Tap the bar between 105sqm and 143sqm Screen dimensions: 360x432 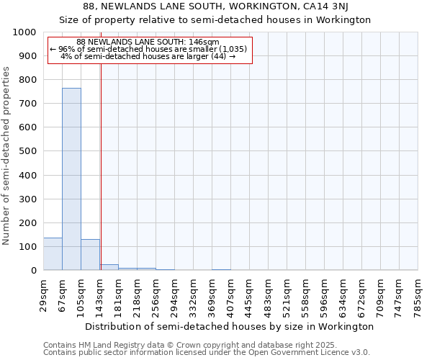tap(90, 254)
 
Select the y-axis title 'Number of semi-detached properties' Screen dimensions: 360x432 tap(7, 156)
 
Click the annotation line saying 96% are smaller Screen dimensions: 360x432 tap(148, 49)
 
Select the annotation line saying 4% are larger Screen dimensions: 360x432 tap(148, 56)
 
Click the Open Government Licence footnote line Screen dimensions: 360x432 tap(207, 353)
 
